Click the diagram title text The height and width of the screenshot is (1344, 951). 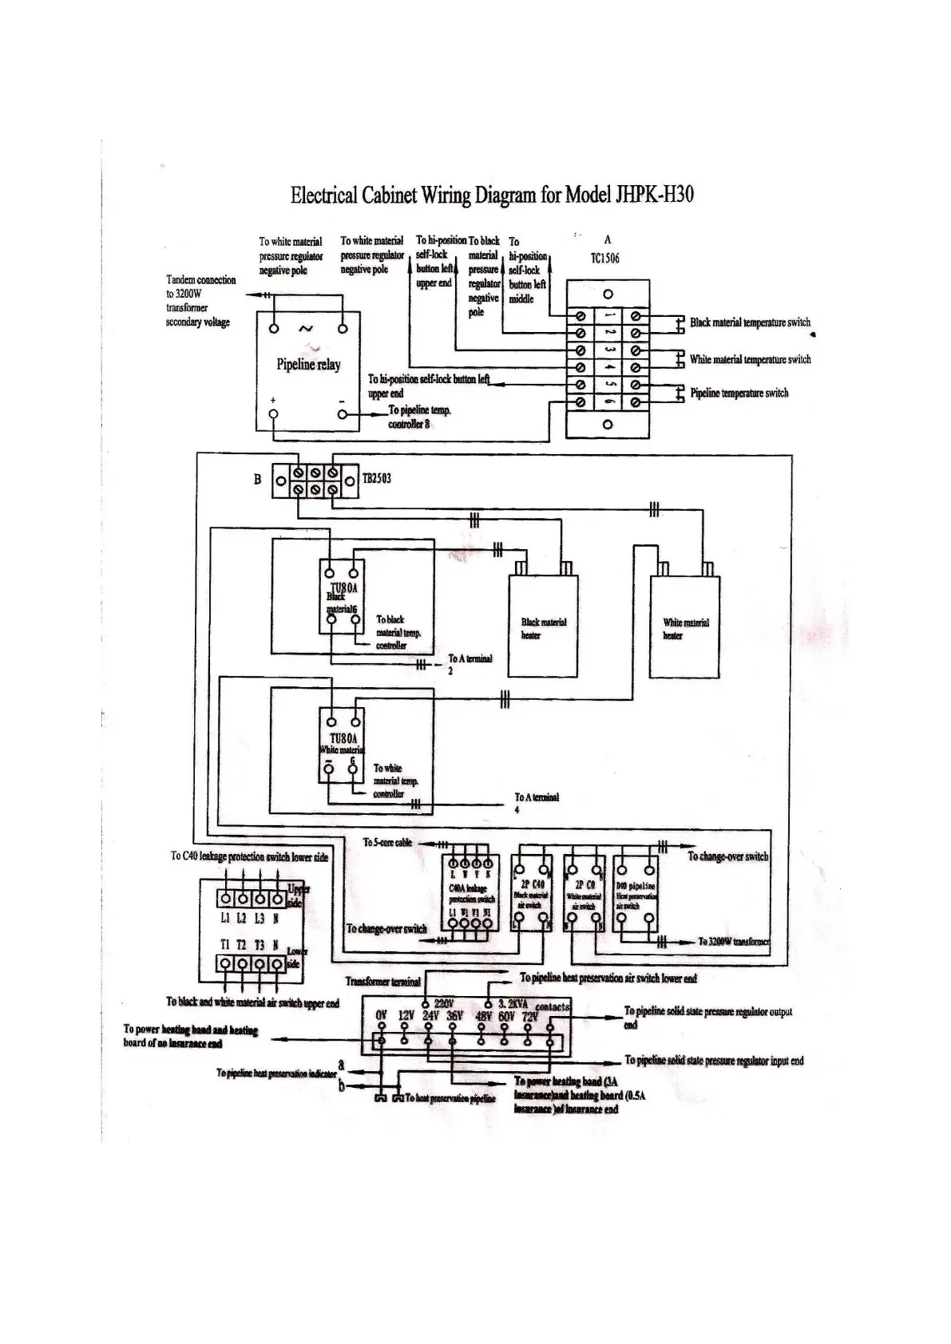pos(491,195)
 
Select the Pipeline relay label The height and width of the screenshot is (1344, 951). pos(308,365)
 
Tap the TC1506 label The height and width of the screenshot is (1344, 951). pos(605,259)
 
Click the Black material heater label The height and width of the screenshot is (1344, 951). pos(543,628)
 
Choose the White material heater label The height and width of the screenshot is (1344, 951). pos(685,628)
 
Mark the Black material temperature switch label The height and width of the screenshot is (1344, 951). pos(750,322)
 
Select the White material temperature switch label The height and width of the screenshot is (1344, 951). pos(750,359)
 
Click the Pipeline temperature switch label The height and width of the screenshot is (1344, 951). pos(739,393)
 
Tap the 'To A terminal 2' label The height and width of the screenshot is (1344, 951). pos(470,663)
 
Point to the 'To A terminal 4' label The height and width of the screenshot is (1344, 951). pos(537,801)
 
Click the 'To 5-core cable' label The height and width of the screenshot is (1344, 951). pos(387,842)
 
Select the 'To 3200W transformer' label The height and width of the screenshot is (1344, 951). pos(733,942)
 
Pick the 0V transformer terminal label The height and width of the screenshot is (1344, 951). pos(382,1016)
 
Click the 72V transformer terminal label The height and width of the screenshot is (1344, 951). pos(530,1016)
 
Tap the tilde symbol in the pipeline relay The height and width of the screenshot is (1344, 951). pos(305,328)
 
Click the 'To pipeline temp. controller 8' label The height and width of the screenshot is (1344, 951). pos(420,417)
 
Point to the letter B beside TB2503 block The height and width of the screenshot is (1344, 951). pos(257,480)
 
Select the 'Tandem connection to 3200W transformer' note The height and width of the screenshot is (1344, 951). pos(200,301)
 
